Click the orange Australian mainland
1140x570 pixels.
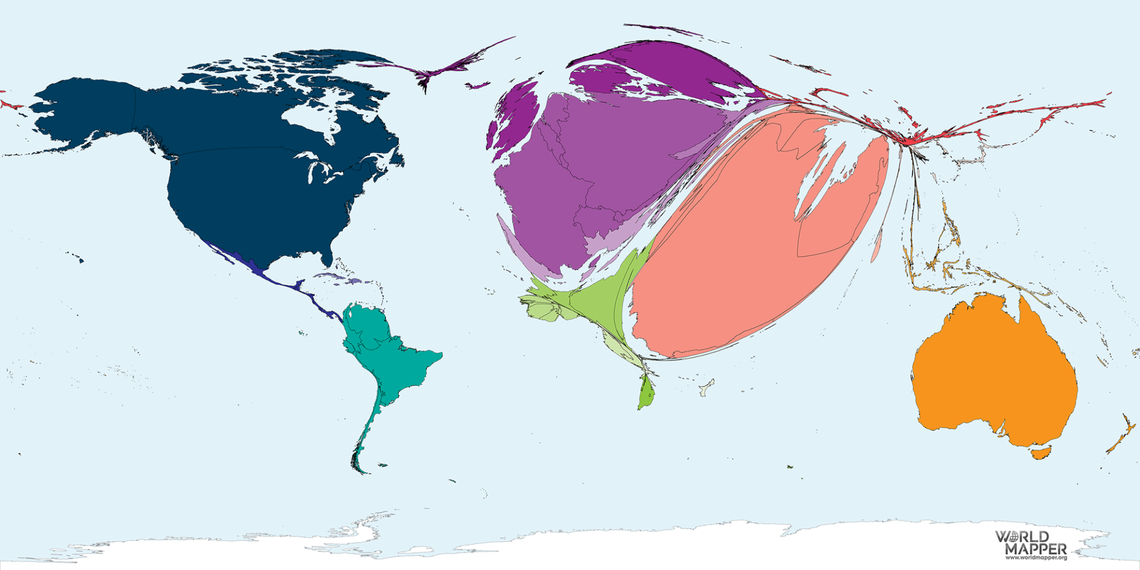[992, 374]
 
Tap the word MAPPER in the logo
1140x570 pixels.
[1035, 549]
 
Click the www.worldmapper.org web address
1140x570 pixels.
[1035, 558]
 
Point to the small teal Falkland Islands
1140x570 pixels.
[382, 465]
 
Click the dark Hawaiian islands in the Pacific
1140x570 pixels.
[77, 258]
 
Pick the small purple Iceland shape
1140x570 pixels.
[477, 86]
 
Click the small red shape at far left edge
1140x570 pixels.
[7, 104]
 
